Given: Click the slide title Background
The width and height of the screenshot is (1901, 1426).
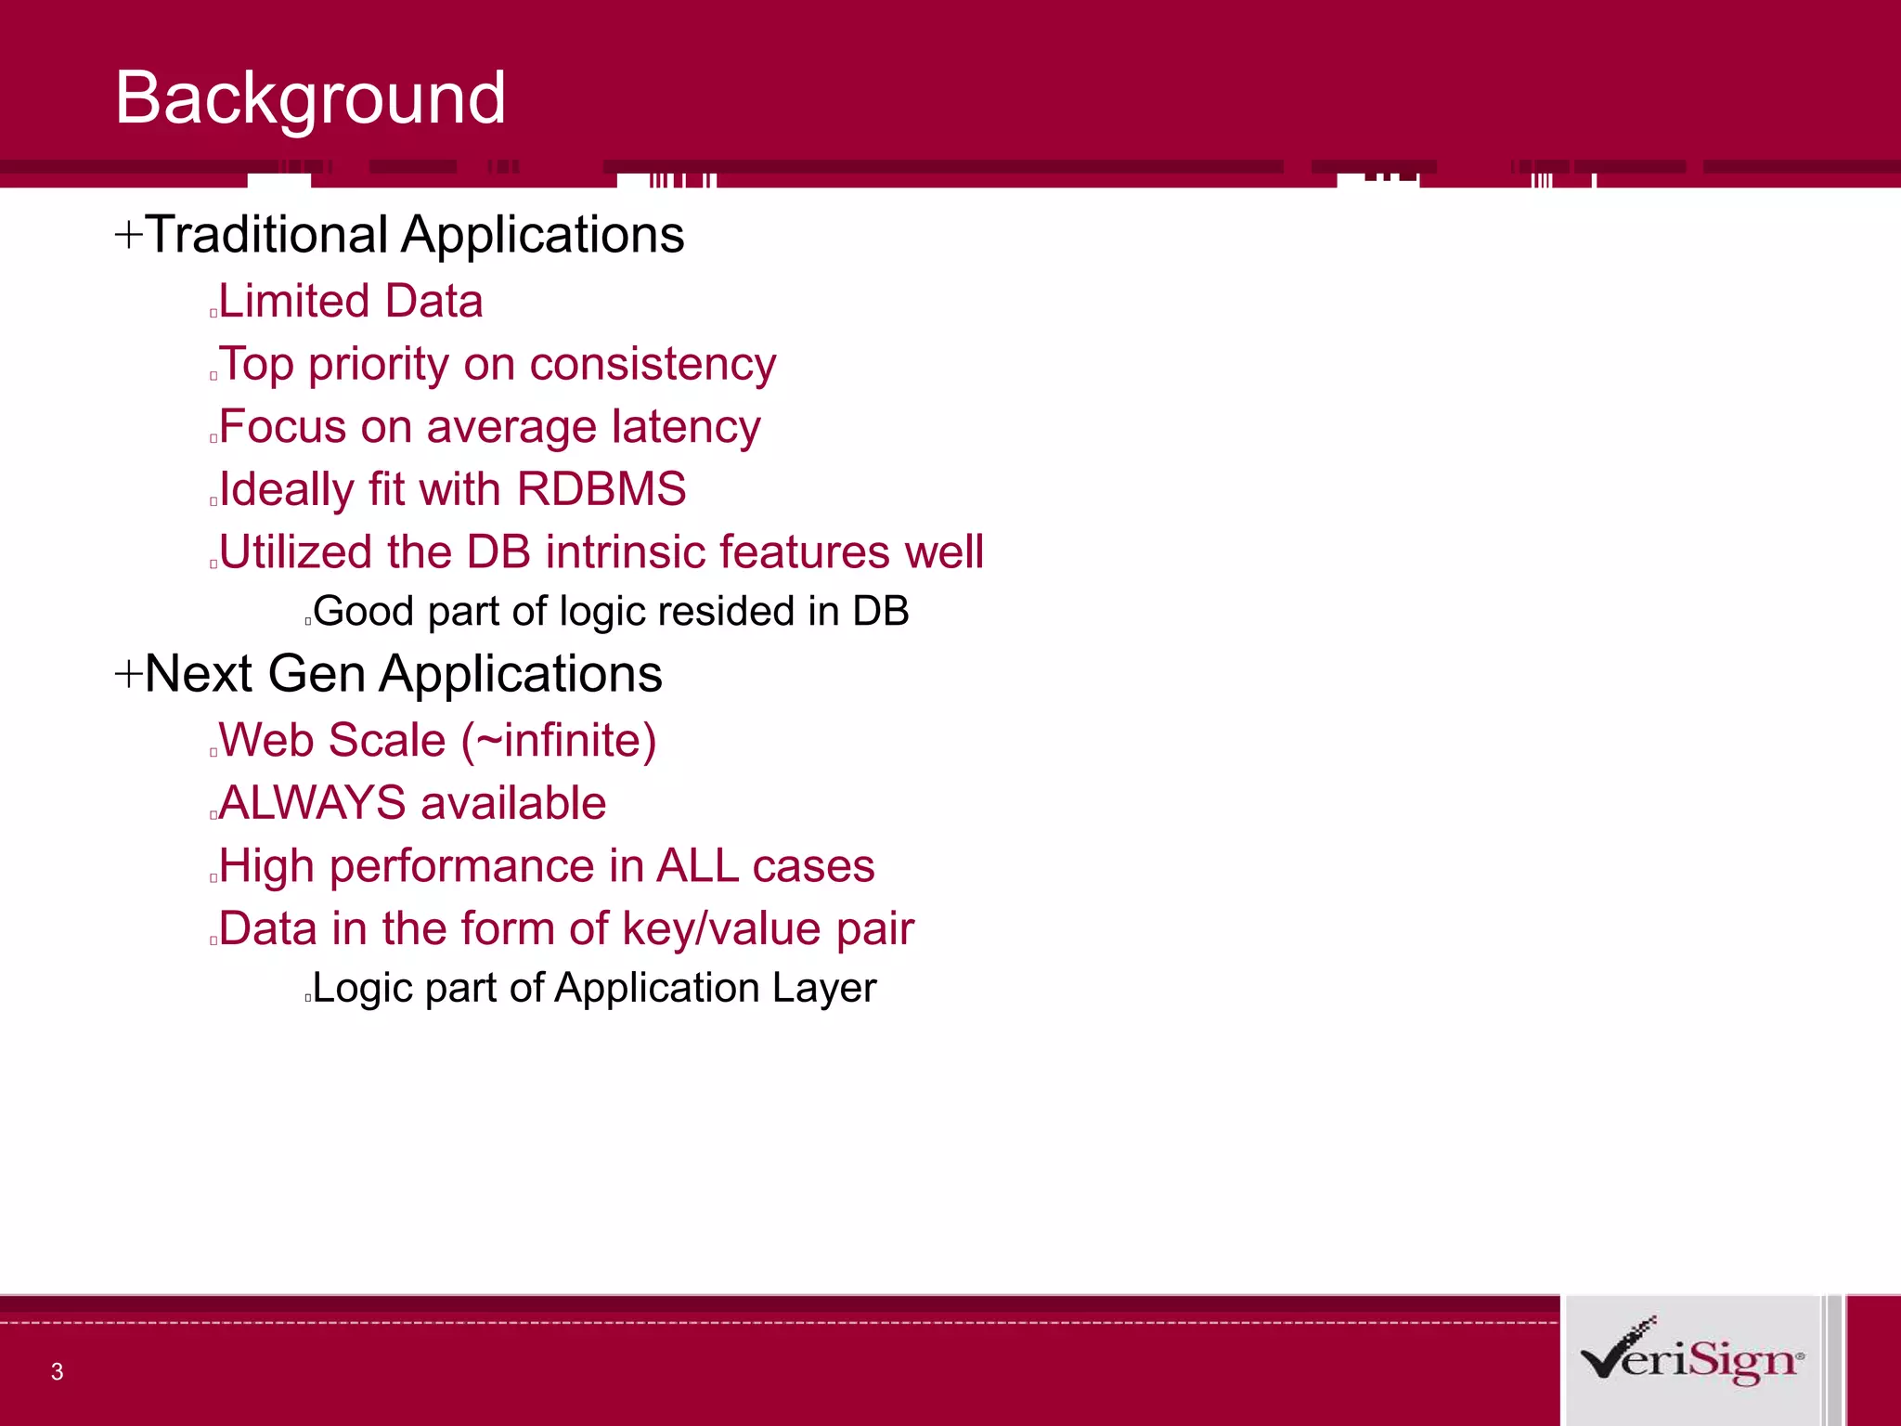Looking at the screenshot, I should pyautogui.click(x=310, y=98).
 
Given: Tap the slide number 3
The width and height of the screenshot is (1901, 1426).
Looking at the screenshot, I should pyautogui.click(x=57, y=1371).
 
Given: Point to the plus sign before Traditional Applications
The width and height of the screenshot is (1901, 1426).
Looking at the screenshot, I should pyautogui.click(x=128, y=234).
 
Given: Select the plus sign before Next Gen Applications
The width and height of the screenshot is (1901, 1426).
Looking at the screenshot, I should pyautogui.click(x=128, y=673).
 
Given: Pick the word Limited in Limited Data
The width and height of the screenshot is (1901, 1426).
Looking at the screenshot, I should pyautogui.click(x=294, y=301).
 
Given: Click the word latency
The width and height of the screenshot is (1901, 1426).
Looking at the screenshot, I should pyautogui.click(x=686, y=427).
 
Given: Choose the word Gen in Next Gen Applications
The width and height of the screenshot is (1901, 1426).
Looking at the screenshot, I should pyautogui.click(x=317, y=673).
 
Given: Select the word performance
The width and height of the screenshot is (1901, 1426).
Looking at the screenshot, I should pyautogui.click(x=462, y=866).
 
